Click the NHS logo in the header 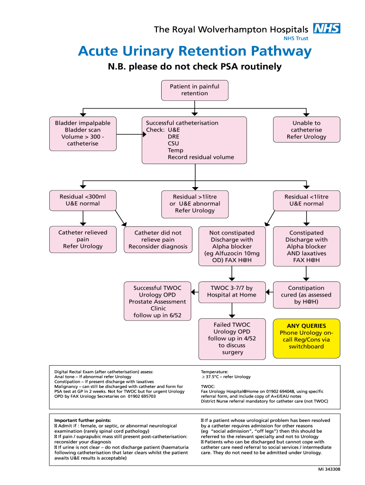tap(327, 28)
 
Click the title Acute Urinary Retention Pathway tap(195, 51)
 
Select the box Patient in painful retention tap(194, 90)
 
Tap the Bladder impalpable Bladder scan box tap(82, 133)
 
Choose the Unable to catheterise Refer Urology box tap(306, 130)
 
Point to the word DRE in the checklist tap(173, 136)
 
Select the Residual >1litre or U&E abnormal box tap(194, 204)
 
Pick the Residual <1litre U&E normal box tap(306, 200)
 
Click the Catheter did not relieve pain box tap(158, 240)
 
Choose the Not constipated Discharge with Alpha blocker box tap(232, 246)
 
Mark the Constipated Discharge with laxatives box tap(306, 246)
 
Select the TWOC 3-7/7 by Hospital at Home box tap(232, 291)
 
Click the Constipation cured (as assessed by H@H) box tap(306, 295)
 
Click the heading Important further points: tap(83, 420)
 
